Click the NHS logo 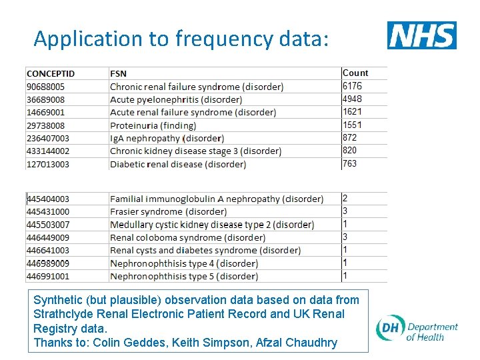click(x=421, y=35)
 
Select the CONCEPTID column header click(x=51, y=73)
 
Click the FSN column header click(x=118, y=73)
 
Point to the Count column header click(x=355, y=73)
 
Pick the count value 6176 click(x=353, y=86)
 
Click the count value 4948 click(x=353, y=99)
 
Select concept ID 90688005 click(x=45, y=87)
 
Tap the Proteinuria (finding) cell click(x=153, y=125)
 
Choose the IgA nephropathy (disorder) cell click(x=167, y=138)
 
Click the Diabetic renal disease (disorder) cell click(x=178, y=164)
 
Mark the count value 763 click(x=350, y=163)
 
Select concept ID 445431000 click(x=48, y=211)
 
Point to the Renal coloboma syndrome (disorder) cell click(x=187, y=237)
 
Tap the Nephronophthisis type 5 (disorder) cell click(x=184, y=276)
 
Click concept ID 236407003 click(x=48, y=138)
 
